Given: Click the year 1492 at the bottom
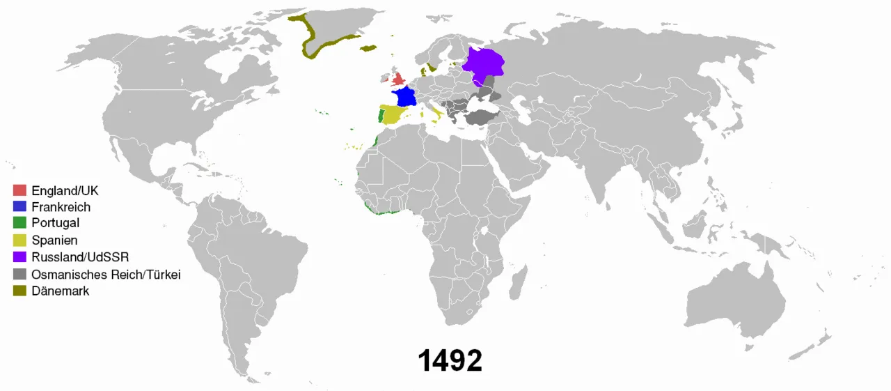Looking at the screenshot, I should point(450,361).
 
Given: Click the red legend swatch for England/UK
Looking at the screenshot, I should point(20,190).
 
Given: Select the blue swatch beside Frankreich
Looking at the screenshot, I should point(20,207).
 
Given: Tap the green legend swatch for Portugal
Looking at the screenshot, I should point(20,223).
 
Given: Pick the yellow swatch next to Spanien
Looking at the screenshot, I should point(20,240).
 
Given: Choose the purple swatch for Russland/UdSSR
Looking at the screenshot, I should point(20,256).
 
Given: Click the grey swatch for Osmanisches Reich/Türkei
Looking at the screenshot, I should point(20,275).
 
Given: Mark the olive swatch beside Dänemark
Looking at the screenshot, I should point(20,291).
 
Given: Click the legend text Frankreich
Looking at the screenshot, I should point(61,207).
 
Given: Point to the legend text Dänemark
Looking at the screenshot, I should point(61,291).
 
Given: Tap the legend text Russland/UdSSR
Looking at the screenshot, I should point(81,256).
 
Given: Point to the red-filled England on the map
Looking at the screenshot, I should point(399,79).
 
